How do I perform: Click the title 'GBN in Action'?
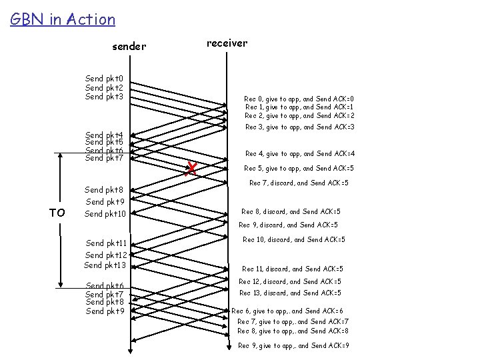tap(63, 19)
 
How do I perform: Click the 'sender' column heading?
tap(129, 47)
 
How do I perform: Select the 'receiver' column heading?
tap(227, 43)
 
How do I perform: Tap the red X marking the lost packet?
tap(191, 169)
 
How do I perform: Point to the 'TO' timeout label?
tap(58, 213)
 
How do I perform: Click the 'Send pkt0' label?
tap(104, 79)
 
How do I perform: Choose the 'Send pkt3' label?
tap(104, 97)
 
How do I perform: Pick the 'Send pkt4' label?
tap(104, 135)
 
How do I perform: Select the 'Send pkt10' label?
tap(105, 214)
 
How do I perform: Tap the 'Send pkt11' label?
tap(106, 243)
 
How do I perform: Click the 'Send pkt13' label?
tap(105, 265)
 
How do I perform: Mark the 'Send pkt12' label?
tap(105, 255)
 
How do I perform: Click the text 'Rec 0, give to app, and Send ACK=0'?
tap(299, 99)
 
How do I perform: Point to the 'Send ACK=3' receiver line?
tap(299, 127)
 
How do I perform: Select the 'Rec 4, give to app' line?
tap(299, 153)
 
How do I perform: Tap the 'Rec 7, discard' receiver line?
tap(299, 183)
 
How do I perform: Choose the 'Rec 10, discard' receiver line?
tap(294, 239)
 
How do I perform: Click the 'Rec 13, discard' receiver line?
tap(290, 293)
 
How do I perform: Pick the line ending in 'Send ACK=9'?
tap(293, 345)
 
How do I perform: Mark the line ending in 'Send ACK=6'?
tap(287, 311)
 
